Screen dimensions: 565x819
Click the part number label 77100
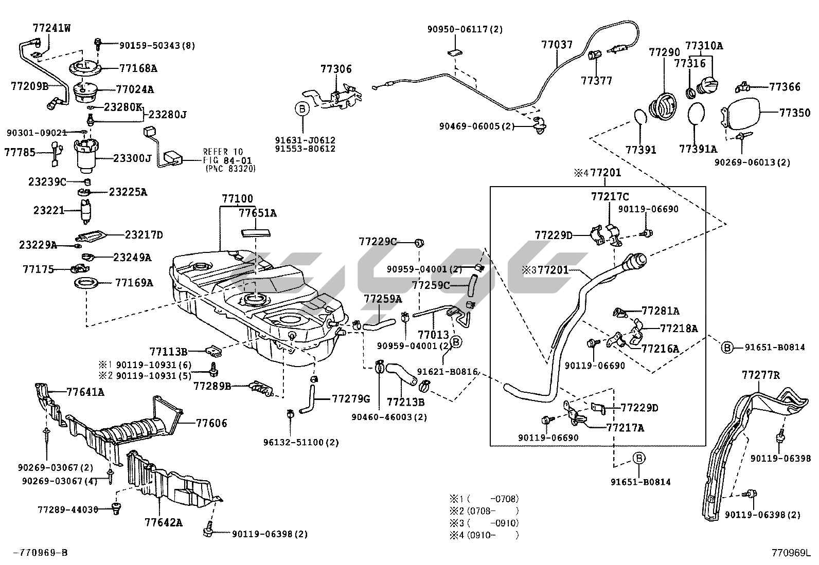(237, 199)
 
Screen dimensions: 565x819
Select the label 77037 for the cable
(557, 45)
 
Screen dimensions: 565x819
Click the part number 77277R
(760, 375)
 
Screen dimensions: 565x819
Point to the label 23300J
(132, 158)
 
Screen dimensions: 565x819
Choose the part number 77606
(211, 423)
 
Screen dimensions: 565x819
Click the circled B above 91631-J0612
(302, 108)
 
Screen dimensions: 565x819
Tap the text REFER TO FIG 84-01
(223, 156)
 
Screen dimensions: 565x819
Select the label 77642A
(164, 523)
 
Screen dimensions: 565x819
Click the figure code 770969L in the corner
(790, 553)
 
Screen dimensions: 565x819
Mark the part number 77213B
(405, 402)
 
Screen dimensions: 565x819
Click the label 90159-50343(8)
(157, 45)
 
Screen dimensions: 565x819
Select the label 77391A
(698, 149)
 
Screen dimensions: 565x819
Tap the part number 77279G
(351, 399)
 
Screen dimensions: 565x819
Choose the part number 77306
(336, 69)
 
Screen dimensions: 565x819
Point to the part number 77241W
(51, 28)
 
